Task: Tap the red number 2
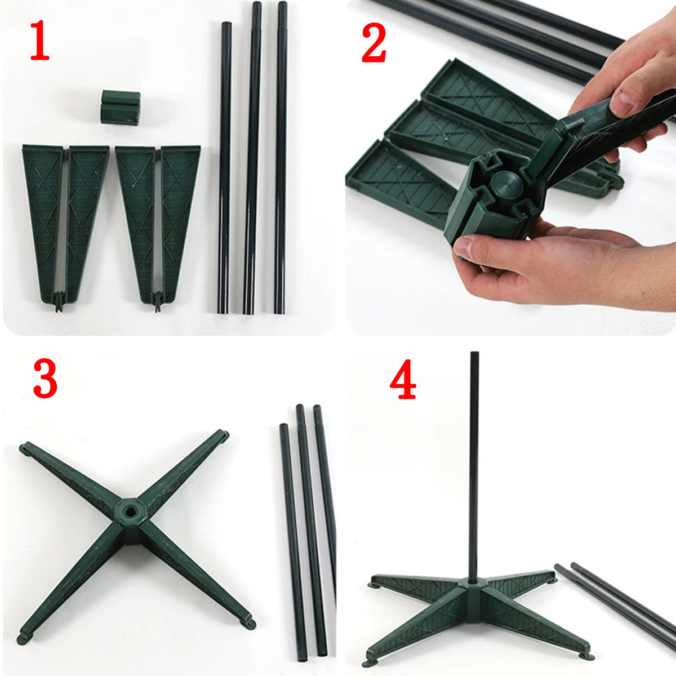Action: tap(373, 43)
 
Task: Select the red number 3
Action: tap(45, 380)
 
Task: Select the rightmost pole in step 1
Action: tap(281, 158)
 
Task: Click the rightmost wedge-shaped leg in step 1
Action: tap(179, 214)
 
